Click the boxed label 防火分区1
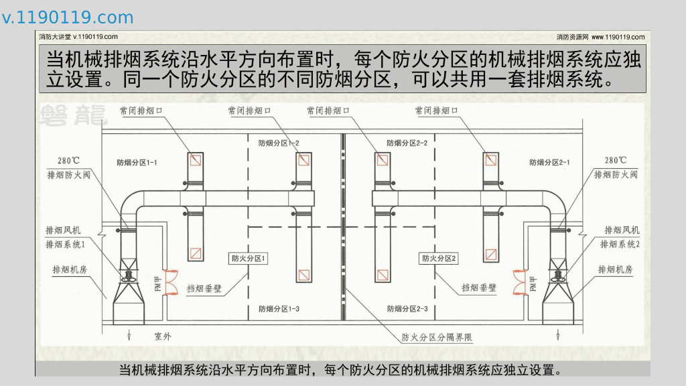tap(249, 258)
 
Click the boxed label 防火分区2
tap(438, 258)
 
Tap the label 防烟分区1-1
tap(137, 162)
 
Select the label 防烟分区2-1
tap(549, 162)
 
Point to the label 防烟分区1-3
tap(279, 309)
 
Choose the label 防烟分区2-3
tap(407, 309)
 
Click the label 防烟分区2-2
tap(407, 143)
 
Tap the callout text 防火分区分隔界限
tap(437, 338)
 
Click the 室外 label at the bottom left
tap(163, 336)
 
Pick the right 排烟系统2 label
tap(620, 244)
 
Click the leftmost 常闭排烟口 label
tap(141, 111)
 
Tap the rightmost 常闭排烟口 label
tap(437, 111)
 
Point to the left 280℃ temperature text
tap(69, 161)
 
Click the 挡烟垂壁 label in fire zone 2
tap(479, 287)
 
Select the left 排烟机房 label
tap(70, 269)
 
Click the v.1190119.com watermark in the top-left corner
tap(68, 17)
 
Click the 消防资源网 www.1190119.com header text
tap(600, 37)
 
